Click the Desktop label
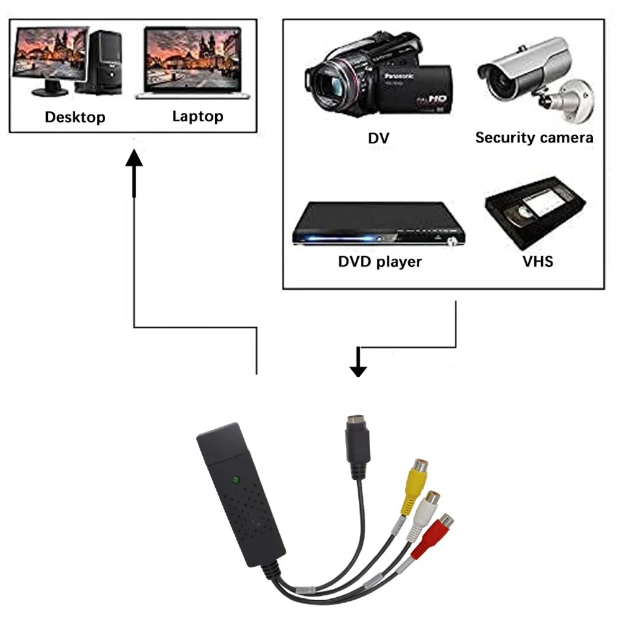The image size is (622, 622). click(x=75, y=117)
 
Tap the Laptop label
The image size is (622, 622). click(x=197, y=116)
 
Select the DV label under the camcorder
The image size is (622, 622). click(x=378, y=137)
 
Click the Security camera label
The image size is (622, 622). click(x=534, y=137)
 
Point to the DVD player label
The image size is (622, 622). click(x=379, y=261)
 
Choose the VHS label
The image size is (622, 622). click(x=537, y=261)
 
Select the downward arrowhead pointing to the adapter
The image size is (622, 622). click(x=358, y=369)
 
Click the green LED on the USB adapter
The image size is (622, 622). click(x=236, y=480)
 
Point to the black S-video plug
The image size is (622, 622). click(x=358, y=445)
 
